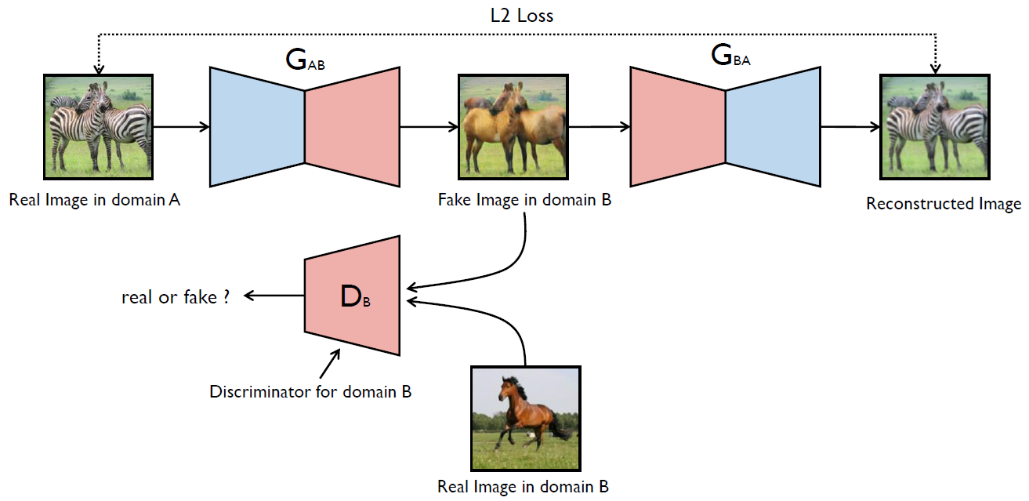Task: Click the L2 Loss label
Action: point(522,16)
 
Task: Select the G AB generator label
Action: point(305,60)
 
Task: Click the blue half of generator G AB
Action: point(257,127)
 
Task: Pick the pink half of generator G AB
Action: point(353,127)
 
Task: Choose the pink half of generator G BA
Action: point(678,127)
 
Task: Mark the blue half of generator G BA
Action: point(774,127)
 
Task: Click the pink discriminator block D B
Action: point(353,296)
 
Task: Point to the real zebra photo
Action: point(98,127)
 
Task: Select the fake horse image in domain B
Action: point(513,127)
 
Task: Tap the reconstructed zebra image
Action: point(935,127)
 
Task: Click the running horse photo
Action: point(526,418)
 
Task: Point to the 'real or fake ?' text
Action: point(176,297)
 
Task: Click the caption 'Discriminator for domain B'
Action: point(310,391)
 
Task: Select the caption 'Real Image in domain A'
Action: point(95,200)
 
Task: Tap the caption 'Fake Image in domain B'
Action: point(524,200)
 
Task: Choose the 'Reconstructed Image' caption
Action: point(944,204)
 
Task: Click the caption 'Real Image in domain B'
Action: point(524,486)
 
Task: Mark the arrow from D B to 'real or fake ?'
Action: point(274,296)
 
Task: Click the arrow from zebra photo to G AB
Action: point(181,127)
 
